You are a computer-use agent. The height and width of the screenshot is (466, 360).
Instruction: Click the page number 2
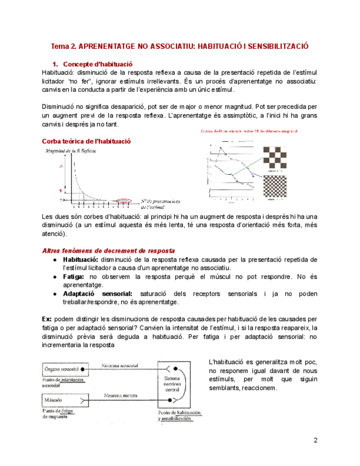coord(315,440)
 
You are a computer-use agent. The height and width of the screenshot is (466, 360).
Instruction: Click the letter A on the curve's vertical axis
coord(61,165)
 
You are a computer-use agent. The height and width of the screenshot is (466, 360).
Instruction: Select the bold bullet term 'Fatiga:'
coord(74,276)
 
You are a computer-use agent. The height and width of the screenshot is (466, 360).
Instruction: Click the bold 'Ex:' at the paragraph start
coord(47,319)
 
